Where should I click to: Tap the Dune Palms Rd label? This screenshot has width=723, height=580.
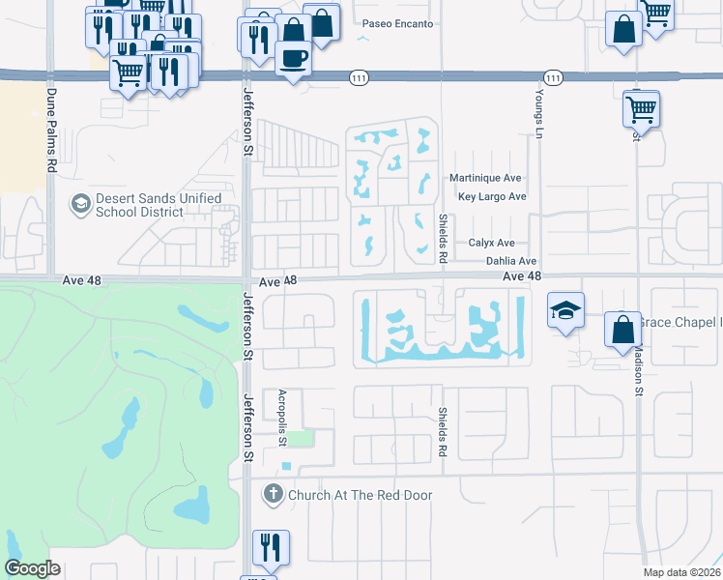[x=50, y=130]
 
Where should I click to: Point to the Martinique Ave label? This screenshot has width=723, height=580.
[x=485, y=178]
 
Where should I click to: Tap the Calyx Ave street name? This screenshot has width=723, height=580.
[x=492, y=244]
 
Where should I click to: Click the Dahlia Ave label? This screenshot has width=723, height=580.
[x=510, y=261]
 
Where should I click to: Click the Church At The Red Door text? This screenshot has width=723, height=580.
[x=361, y=495]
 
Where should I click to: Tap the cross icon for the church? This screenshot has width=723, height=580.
[x=274, y=495]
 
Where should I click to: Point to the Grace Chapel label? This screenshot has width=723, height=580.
[x=680, y=322]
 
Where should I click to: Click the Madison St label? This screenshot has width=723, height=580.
[x=638, y=367]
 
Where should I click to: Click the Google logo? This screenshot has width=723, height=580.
[x=33, y=568]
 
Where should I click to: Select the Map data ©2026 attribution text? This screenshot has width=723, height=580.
[x=682, y=572]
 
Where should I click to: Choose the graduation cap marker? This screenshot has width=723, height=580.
[x=565, y=310]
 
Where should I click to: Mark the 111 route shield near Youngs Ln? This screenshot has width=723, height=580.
[x=552, y=77]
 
